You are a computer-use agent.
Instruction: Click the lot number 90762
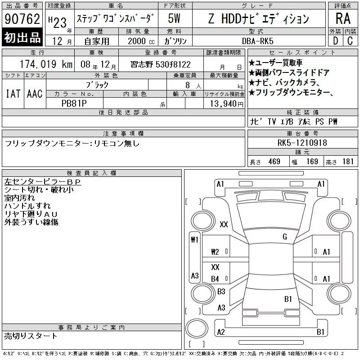click(22, 19)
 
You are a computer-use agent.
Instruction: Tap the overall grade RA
click(343, 18)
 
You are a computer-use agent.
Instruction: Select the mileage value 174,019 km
click(46, 64)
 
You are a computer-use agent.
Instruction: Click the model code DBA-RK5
click(258, 41)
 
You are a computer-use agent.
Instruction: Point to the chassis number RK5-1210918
click(302, 143)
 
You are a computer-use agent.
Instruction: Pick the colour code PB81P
click(74, 103)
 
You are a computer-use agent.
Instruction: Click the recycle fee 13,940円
click(227, 104)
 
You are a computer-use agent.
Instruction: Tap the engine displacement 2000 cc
click(141, 41)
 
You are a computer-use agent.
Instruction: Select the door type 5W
click(174, 18)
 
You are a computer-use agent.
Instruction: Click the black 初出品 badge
click(22, 37)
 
